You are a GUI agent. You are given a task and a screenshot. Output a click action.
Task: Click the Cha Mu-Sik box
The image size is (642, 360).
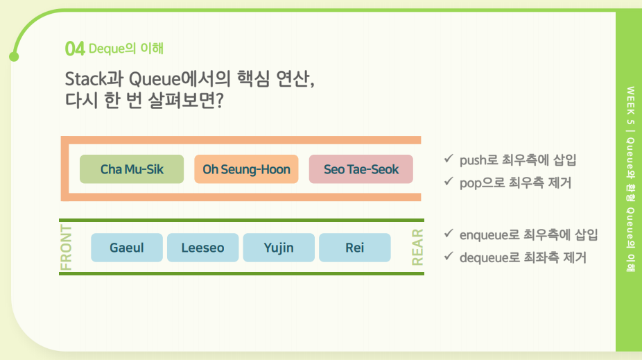132,169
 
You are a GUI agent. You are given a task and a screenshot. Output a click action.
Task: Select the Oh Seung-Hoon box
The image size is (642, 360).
246,169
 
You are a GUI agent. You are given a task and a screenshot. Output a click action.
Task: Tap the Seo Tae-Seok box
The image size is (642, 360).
361,169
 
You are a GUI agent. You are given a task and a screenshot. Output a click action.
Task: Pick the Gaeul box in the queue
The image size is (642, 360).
126,248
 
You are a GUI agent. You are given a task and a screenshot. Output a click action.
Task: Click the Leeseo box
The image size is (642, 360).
202,248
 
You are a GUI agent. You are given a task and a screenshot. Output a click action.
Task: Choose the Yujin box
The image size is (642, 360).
279,248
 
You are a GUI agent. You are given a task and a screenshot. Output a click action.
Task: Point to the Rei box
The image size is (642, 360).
354,248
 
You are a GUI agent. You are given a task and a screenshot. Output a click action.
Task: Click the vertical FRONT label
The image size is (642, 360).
66,248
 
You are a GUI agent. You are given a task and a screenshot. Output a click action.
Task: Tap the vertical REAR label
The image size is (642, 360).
417,248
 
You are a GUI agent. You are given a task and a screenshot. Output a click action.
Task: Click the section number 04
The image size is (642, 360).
74,49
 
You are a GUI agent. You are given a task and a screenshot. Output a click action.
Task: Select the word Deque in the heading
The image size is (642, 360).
107,49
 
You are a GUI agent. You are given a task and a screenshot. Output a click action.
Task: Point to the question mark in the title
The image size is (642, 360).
220,101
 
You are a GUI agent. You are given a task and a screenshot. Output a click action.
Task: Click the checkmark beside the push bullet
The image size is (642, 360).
449,158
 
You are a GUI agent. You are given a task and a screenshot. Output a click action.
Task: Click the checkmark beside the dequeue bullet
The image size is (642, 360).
449,256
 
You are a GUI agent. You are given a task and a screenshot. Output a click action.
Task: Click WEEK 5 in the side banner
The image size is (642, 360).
630,105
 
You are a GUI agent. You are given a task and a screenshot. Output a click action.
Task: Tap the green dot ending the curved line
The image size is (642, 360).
14,56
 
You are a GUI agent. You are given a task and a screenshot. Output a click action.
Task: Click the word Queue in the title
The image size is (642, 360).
155,78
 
